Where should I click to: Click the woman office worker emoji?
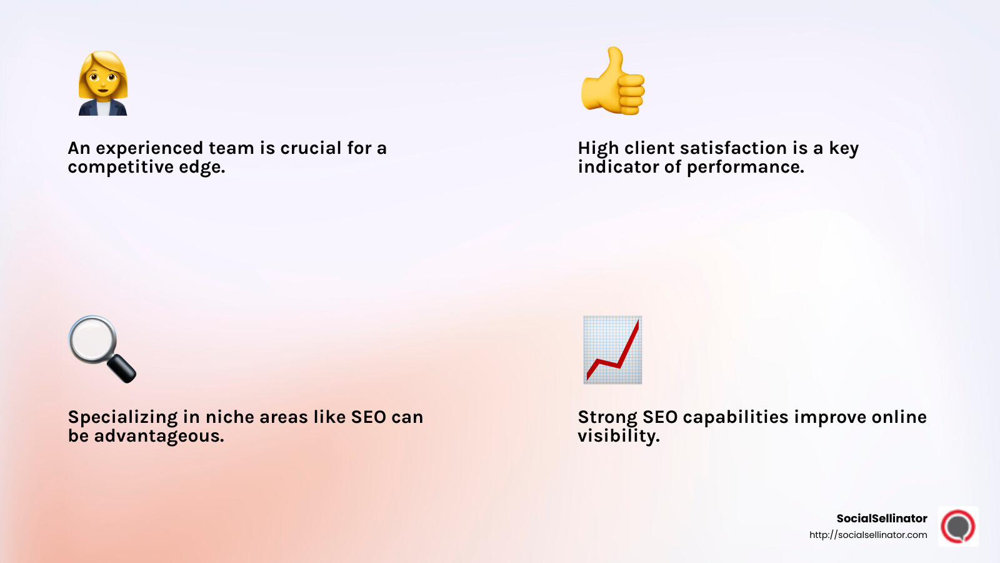click(103, 83)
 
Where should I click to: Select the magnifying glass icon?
click(100, 347)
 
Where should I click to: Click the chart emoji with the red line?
click(612, 350)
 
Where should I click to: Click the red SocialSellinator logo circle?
click(958, 526)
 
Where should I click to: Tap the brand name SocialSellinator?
click(881, 518)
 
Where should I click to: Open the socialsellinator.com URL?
click(868, 535)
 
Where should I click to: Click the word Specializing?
click(122, 417)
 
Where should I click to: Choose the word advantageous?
click(159, 436)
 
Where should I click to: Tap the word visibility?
click(618, 436)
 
